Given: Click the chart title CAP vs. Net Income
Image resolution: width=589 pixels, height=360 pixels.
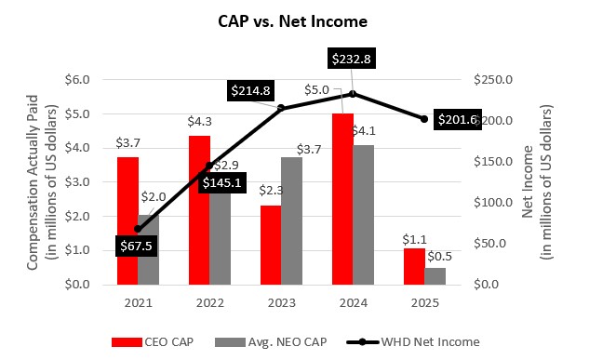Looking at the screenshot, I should [x=294, y=20].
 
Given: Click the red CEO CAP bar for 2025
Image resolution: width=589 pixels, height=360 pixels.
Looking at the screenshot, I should [x=413, y=266].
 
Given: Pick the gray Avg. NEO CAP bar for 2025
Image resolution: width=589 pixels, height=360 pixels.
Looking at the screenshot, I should [x=435, y=275].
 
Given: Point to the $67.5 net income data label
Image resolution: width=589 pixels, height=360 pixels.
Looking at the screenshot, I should [x=138, y=246].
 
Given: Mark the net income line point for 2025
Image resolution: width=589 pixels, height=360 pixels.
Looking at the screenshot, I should [x=424, y=119].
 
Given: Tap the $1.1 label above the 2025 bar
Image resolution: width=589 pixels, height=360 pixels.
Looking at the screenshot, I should [x=413, y=239].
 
